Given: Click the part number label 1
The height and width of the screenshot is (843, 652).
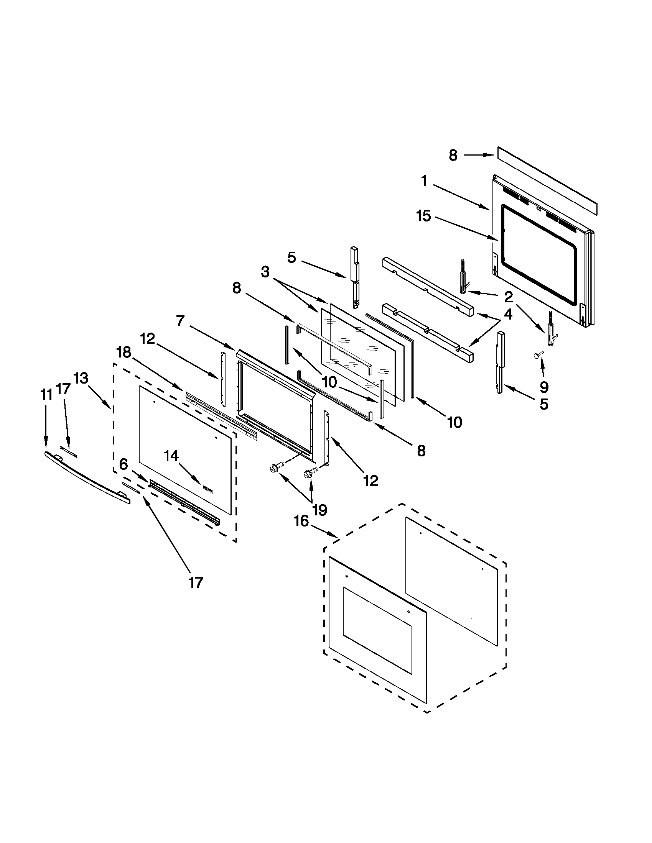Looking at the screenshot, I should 425,180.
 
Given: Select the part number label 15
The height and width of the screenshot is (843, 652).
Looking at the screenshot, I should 423,216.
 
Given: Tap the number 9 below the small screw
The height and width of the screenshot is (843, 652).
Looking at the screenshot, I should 544,386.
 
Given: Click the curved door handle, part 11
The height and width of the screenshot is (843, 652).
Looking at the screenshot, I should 87,478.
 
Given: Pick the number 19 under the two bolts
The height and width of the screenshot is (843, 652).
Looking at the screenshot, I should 319,510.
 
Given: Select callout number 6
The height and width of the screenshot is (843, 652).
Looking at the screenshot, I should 123,464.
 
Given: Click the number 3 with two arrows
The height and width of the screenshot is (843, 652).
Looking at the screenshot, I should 265,272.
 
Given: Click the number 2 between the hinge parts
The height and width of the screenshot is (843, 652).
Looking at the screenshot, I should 508,297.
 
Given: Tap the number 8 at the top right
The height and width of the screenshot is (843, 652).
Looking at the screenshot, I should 453,155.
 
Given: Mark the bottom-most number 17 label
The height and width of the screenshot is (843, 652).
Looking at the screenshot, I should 196,582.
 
